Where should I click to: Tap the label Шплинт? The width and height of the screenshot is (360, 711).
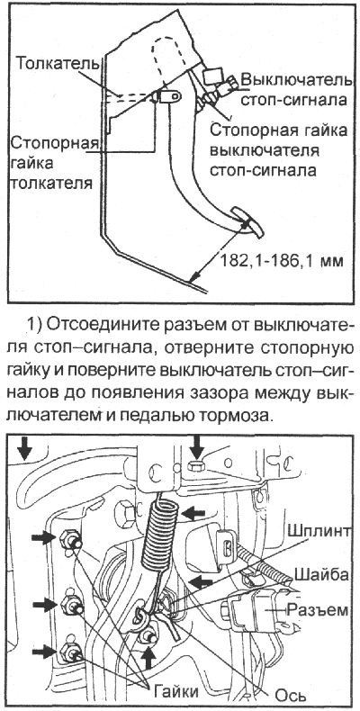click(314, 530)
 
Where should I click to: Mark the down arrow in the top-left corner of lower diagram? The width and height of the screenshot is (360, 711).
click(24, 446)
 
